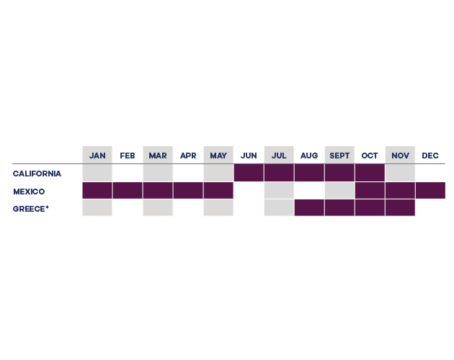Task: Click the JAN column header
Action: [97, 156]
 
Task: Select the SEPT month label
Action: [339, 156]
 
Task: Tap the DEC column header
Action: [430, 156]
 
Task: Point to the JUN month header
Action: [249, 156]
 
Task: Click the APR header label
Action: [188, 156]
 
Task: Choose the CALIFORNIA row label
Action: [37, 174]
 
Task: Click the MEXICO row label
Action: [29, 192]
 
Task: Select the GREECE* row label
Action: [31, 209]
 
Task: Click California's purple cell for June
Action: [249, 173]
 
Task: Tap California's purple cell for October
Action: [370, 173]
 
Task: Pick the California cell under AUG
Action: [309, 173]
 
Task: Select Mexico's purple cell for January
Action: [97, 190]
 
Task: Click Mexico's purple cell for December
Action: [430, 190]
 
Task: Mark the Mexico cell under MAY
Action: [218, 190]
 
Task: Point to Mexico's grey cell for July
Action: [279, 190]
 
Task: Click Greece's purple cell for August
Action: [309, 207]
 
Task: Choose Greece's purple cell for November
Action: [400, 207]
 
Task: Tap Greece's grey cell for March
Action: [158, 207]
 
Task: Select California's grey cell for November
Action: [400, 173]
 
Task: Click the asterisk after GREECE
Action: [47, 207]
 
